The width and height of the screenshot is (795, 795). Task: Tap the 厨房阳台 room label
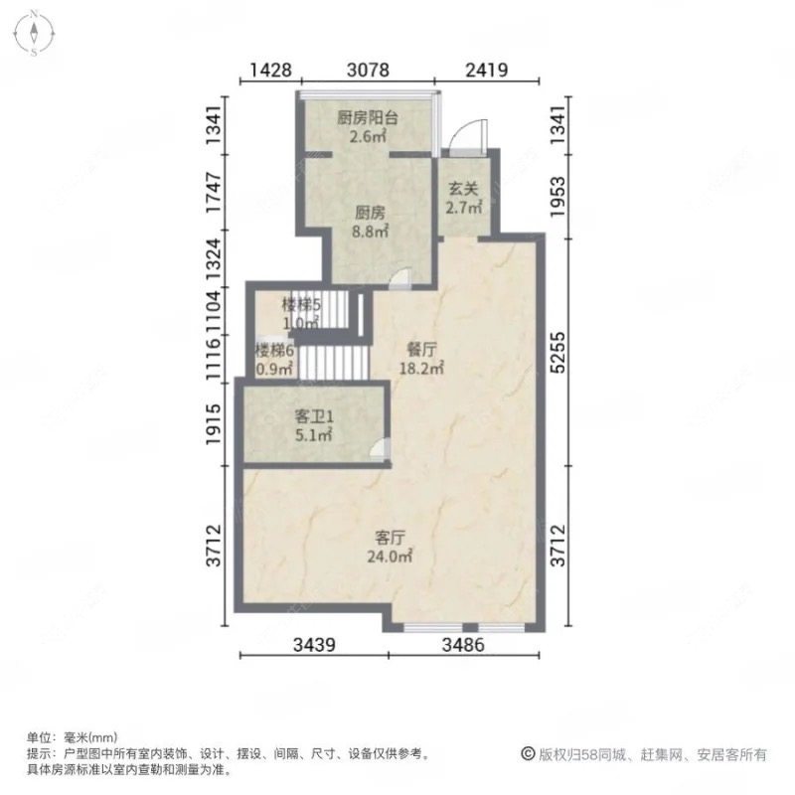point(367,117)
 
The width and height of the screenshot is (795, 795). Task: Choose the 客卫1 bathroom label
point(313,415)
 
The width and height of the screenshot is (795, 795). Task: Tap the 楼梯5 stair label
point(299,304)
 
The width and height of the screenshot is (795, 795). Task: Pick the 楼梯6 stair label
point(274,350)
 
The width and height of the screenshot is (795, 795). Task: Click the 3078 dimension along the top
point(368,70)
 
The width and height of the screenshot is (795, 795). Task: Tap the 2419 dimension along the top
point(487,70)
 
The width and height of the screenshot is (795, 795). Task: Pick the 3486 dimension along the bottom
point(462,646)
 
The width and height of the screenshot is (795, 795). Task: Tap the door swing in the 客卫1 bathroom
point(379,451)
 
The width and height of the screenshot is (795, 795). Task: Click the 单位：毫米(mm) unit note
point(72,738)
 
